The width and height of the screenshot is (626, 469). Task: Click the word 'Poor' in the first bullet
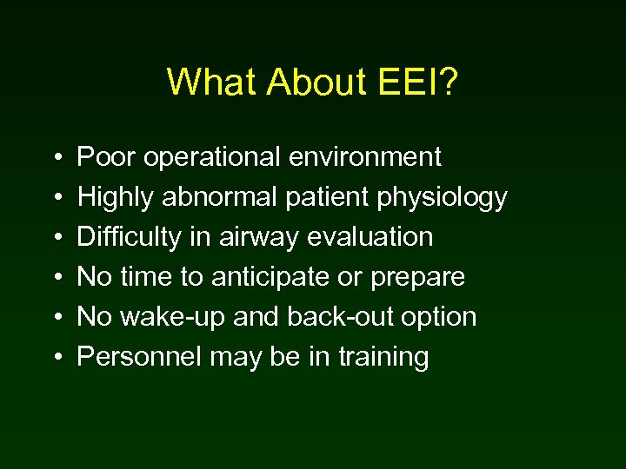107,157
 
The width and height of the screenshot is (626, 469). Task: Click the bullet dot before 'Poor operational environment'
55,158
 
